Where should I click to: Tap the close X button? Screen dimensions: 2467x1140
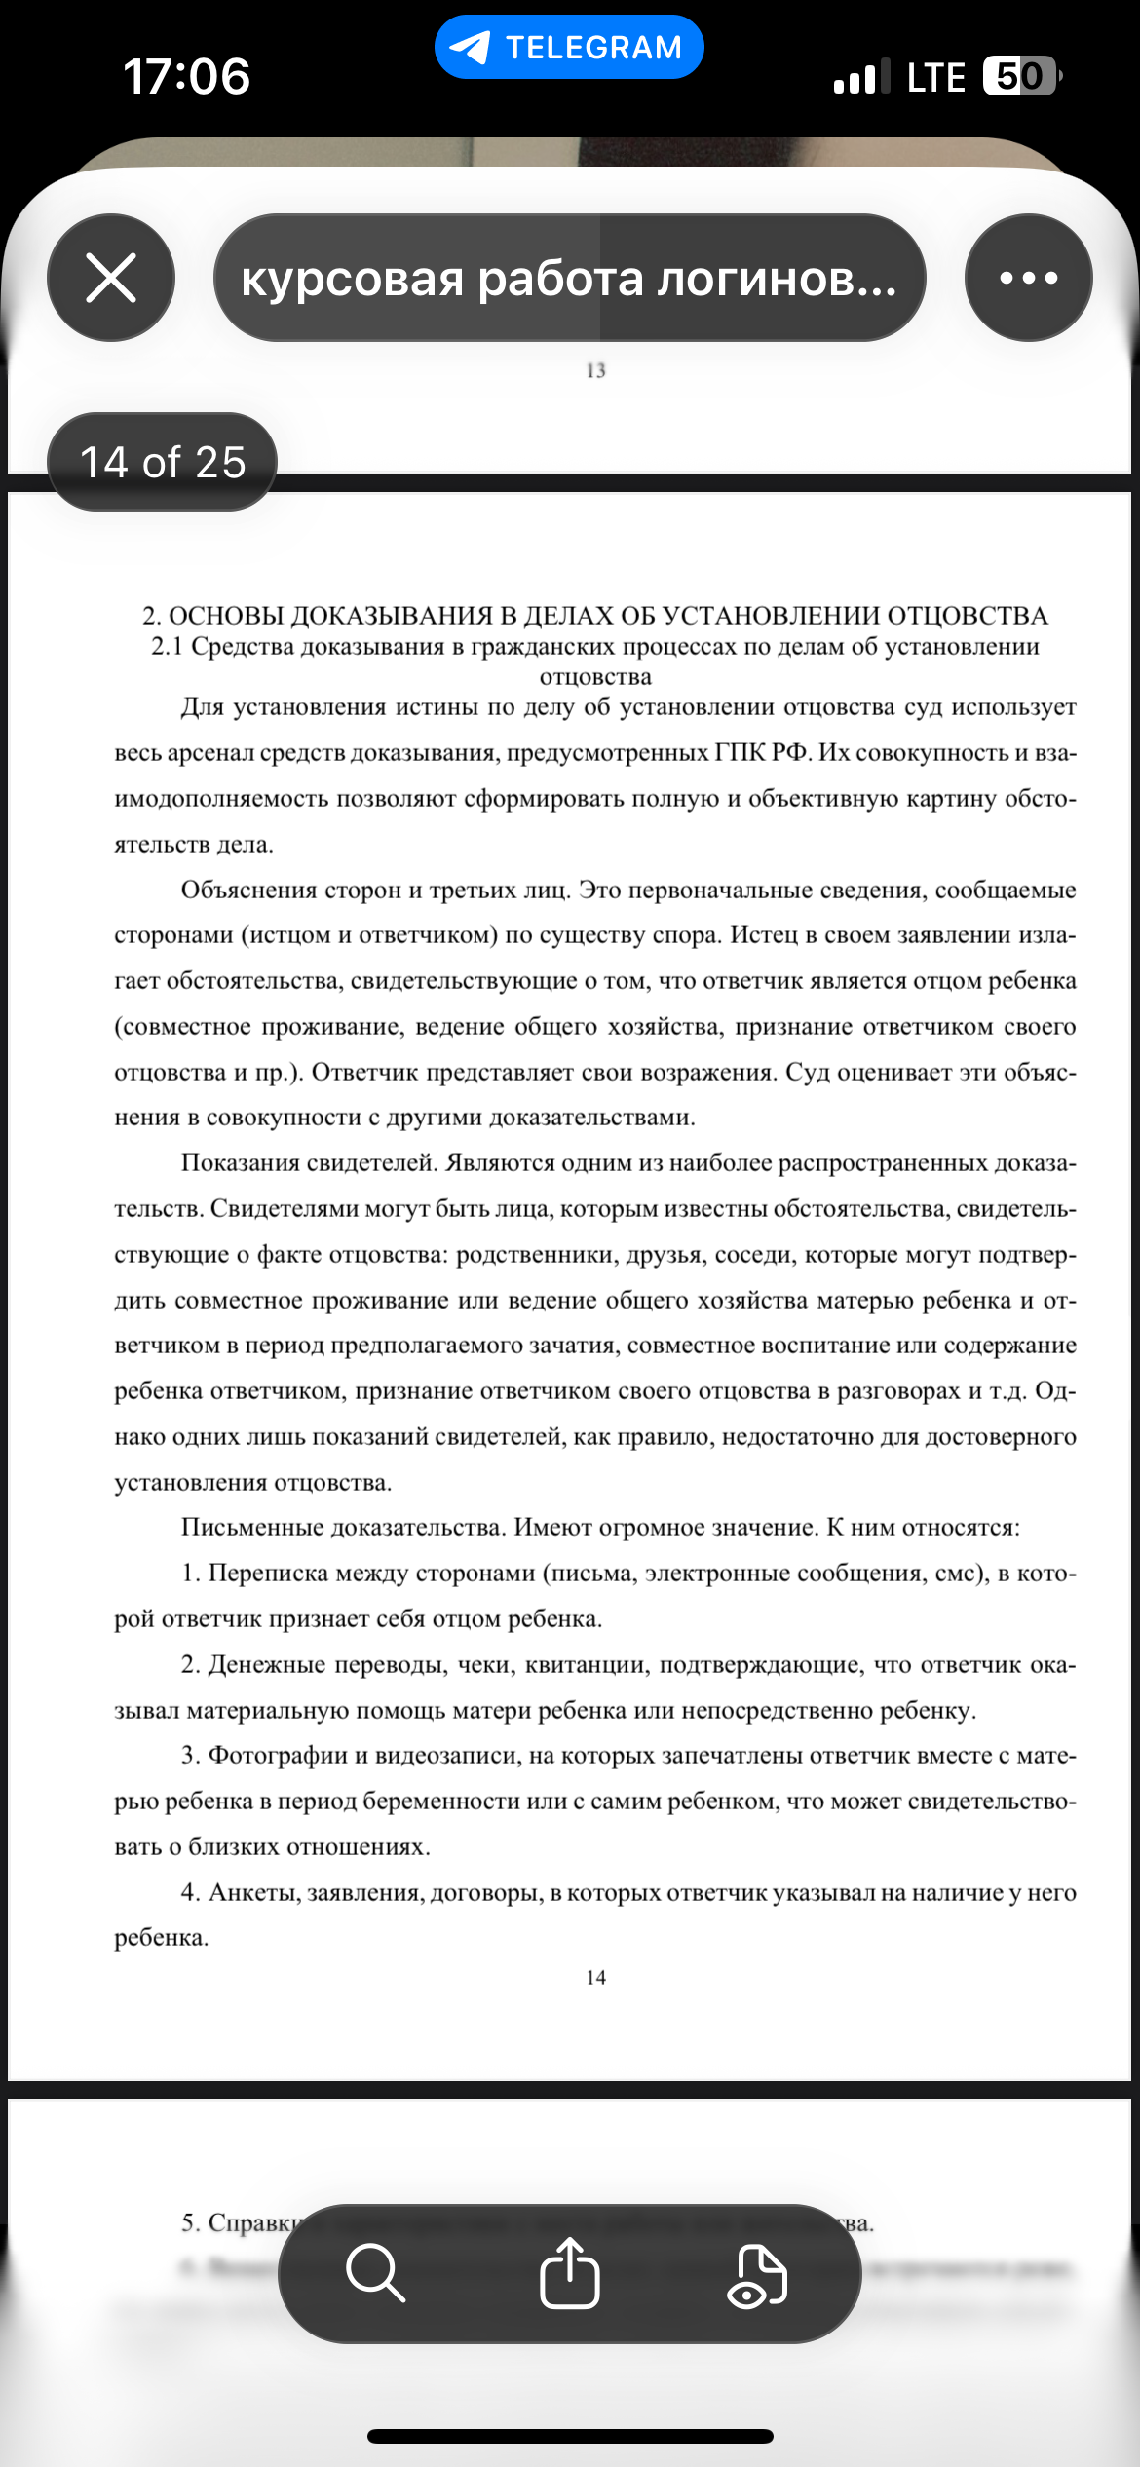111,278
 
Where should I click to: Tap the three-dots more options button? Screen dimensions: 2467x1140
1028,278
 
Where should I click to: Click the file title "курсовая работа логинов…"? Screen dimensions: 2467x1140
569,279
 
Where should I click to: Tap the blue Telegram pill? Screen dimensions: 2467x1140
569,47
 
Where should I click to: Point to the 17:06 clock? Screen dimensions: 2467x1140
186,76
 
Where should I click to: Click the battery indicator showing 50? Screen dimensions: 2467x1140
1020,76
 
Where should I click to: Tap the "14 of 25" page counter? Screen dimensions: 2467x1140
163,462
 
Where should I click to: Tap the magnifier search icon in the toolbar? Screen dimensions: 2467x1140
375,2273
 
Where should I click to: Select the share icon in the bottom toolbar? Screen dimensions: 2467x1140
570,2273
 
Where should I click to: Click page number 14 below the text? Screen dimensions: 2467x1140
596,1977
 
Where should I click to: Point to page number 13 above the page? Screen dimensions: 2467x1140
596,370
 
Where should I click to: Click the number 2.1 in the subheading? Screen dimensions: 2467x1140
167,647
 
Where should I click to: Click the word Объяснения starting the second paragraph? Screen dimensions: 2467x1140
248,890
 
